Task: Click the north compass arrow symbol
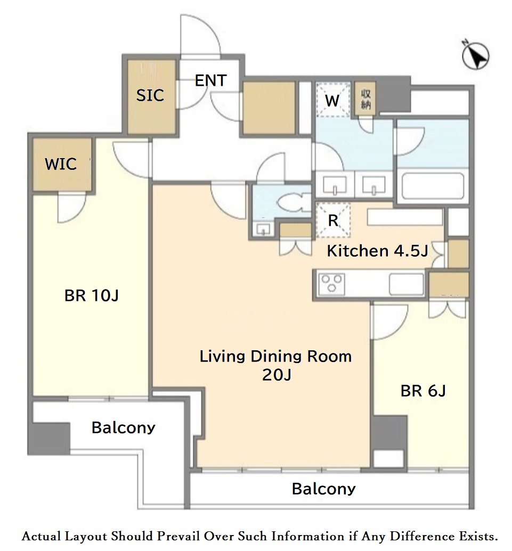click(x=475, y=55)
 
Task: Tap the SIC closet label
click(x=150, y=95)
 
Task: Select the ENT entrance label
click(x=210, y=80)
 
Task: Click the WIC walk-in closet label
click(x=61, y=164)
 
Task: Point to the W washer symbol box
click(x=332, y=100)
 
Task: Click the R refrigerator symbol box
click(x=333, y=220)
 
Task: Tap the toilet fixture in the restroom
click(x=294, y=203)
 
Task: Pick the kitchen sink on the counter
click(x=407, y=284)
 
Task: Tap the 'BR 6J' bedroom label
click(x=423, y=391)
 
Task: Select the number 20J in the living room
click(x=277, y=375)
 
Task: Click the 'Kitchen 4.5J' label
click(x=377, y=251)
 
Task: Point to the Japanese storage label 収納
click(x=365, y=99)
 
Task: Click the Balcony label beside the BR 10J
click(x=124, y=427)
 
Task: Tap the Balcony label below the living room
click(x=324, y=489)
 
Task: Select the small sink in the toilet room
click(x=263, y=229)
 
